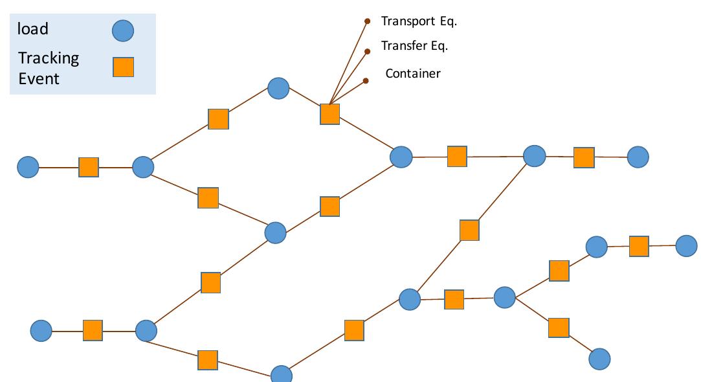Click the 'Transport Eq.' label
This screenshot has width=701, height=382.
point(419,21)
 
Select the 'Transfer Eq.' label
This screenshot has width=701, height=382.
point(414,46)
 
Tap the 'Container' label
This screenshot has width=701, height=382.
point(413,73)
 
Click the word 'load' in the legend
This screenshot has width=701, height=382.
point(33,29)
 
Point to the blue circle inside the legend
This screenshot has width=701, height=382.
point(122,30)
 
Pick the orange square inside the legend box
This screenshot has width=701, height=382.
point(123,67)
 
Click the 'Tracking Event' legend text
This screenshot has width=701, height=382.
point(49,68)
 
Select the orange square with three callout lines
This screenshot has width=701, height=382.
point(329,114)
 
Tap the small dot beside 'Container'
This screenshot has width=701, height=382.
point(366,81)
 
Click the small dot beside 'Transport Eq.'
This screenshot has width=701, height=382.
point(367,21)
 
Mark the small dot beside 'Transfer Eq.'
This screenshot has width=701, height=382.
point(368,50)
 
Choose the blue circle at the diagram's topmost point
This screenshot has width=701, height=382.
point(278,88)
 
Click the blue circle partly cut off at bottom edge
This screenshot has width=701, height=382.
point(282,375)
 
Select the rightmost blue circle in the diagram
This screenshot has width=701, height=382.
point(686,245)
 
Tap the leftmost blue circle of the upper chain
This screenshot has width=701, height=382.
point(28,167)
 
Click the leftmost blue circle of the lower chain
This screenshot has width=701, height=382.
point(41,330)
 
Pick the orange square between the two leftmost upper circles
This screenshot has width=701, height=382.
point(88,167)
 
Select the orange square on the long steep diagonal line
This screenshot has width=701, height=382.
point(469,230)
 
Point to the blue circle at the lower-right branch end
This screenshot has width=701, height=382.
point(599,359)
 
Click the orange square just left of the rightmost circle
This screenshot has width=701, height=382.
point(639,246)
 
